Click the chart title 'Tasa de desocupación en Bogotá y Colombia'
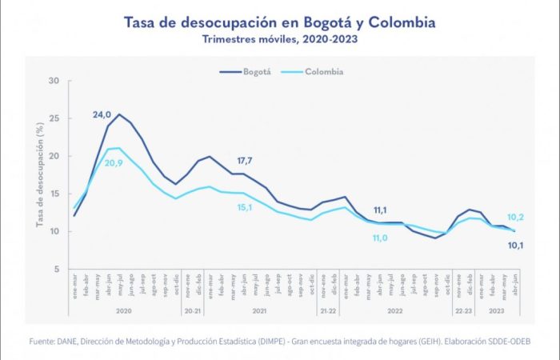pyautogui.click(x=279, y=22)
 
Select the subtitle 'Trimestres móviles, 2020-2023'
pyautogui.click(x=279, y=39)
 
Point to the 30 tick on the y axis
pyautogui.click(x=54, y=81)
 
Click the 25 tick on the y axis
pyautogui.click(x=54, y=118)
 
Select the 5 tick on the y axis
pyautogui.click(x=55, y=270)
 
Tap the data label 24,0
pyautogui.click(x=102, y=115)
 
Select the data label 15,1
pyautogui.click(x=244, y=208)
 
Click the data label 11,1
pyautogui.click(x=380, y=210)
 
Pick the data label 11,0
pyautogui.click(x=380, y=238)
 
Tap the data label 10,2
pyautogui.click(x=516, y=217)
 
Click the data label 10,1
pyautogui.click(x=516, y=246)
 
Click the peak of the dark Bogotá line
pyautogui.click(x=119, y=114)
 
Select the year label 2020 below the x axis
pyautogui.click(x=124, y=309)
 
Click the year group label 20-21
pyautogui.click(x=193, y=309)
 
